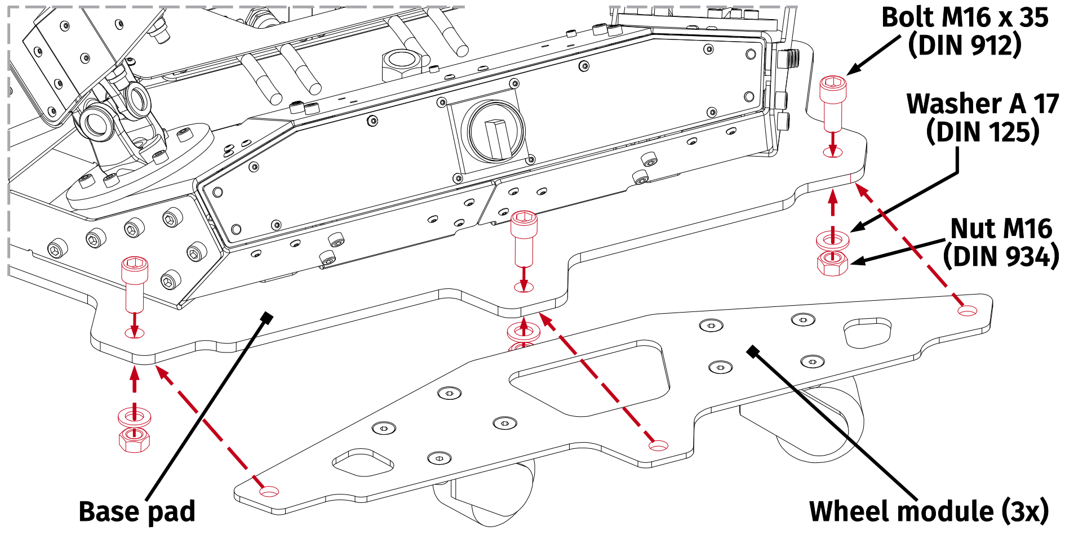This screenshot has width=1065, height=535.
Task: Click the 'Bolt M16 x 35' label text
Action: click(964, 17)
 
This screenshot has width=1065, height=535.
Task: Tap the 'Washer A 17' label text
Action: click(982, 104)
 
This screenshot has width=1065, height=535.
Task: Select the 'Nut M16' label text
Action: click(1001, 229)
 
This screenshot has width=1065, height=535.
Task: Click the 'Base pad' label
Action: click(137, 511)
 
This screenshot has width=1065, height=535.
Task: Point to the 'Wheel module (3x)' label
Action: click(929, 511)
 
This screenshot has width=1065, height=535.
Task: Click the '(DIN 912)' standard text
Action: click(964, 45)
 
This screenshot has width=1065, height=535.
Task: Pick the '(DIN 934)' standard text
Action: click(1001, 256)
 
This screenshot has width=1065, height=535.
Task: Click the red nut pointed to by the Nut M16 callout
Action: click(832, 263)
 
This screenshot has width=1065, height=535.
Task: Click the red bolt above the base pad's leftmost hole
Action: click(135, 282)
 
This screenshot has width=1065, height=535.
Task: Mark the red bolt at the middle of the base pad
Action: click(523, 237)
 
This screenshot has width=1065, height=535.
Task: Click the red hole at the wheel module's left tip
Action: click(269, 491)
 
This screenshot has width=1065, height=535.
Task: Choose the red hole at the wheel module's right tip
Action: click(968, 310)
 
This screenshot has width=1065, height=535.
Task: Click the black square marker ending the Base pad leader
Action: click(267, 318)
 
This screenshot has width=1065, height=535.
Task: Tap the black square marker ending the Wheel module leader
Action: click(753, 352)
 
